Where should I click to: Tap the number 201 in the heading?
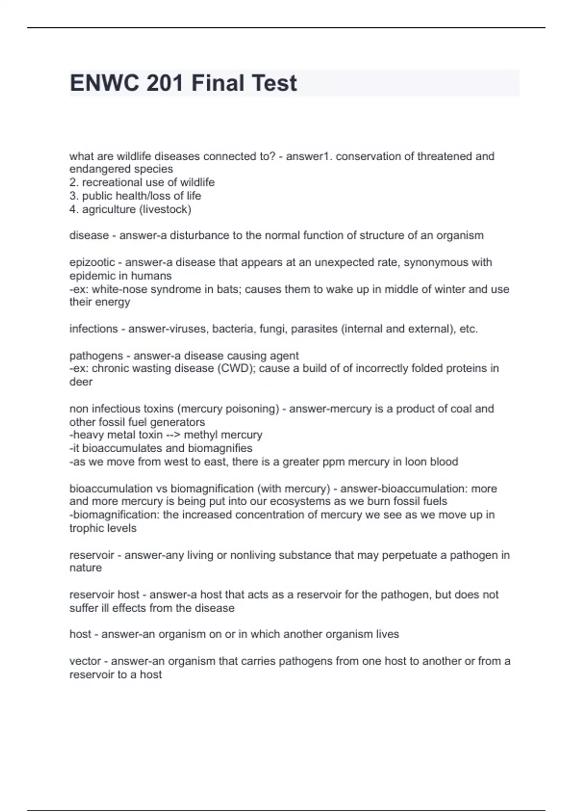pos(165,83)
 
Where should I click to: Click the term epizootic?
pos(92,262)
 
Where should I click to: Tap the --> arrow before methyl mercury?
pos(173,435)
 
